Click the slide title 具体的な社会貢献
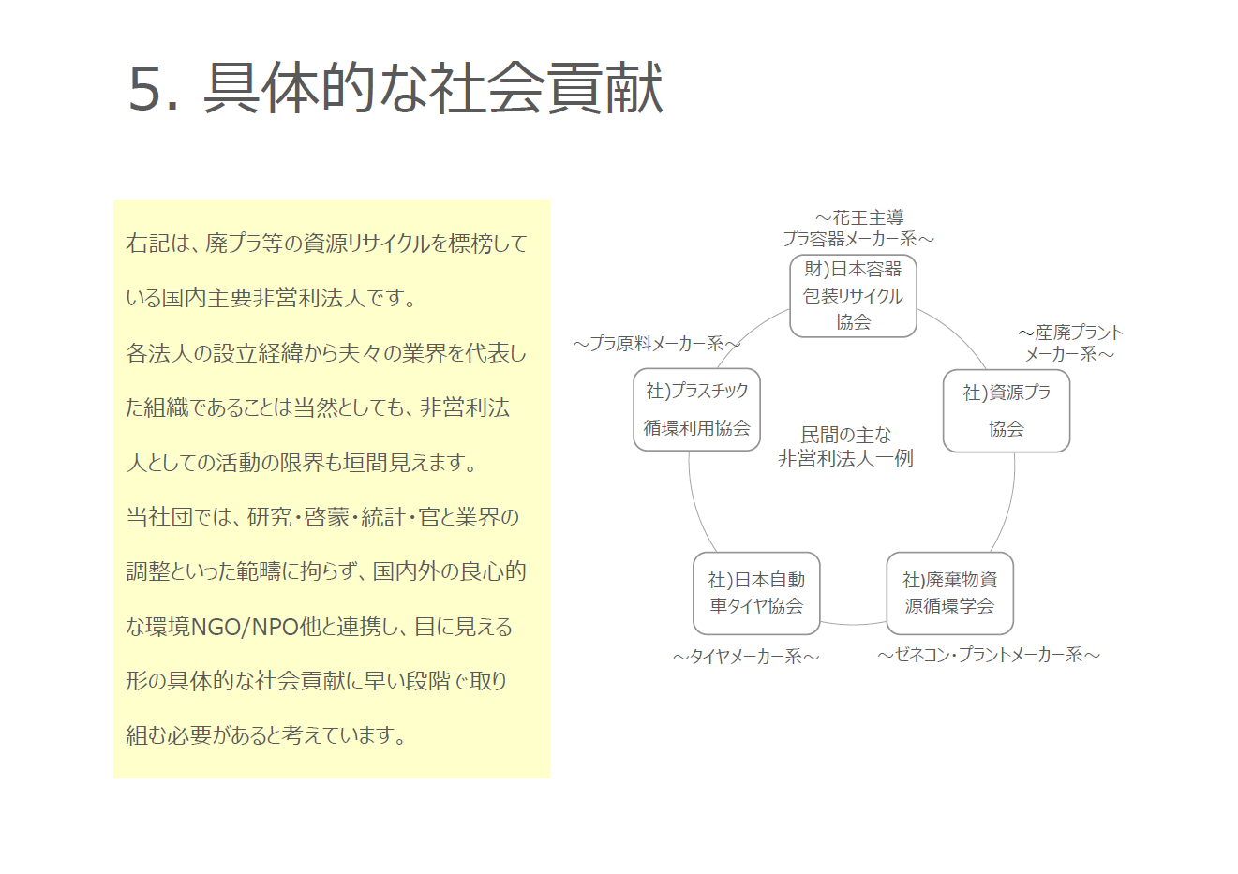coord(433,89)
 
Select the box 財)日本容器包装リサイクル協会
coord(853,296)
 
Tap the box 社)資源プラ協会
coord(1007,411)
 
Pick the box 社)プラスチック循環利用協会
coord(696,410)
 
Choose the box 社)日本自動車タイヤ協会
coord(756,593)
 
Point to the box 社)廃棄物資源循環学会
coord(950,593)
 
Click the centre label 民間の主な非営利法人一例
coord(845,447)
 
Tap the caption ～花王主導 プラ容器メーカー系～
coord(858,229)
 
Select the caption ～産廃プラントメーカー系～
coord(1070,343)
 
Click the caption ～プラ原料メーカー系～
coord(657,344)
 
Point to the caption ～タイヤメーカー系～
coord(746,657)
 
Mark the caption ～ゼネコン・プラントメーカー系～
coord(989,655)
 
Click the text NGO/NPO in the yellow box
coord(245,627)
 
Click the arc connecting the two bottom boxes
coord(853,623)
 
